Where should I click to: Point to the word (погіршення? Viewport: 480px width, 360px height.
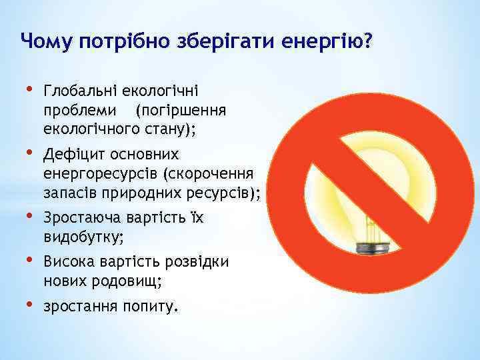point(181,109)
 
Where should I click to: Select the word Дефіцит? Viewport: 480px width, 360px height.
point(71,155)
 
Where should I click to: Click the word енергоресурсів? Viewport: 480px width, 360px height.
point(95,174)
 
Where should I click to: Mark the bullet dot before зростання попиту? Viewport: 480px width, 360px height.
point(27,305)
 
